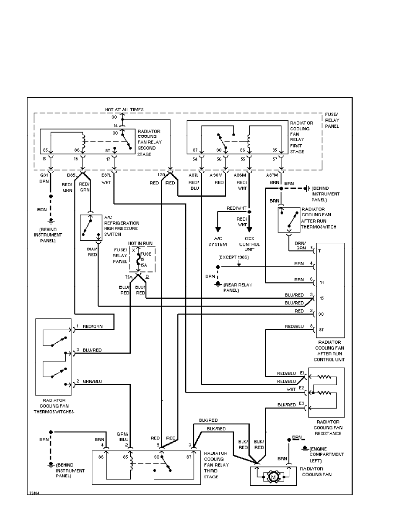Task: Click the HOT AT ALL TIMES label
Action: point(124,109)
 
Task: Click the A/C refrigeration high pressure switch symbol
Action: point(90,228)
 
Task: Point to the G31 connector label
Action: point(44,176)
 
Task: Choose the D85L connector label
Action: point(72,176)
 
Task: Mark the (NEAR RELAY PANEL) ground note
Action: point(237,288)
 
